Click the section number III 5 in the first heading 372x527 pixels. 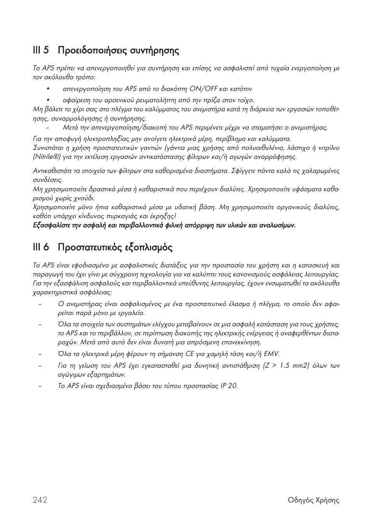click(41, 50)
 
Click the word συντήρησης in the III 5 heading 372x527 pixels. click(157, 51)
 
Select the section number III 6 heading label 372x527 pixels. click(41, 247)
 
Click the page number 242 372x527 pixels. click(40, 500)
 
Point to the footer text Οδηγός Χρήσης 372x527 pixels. click(314, 500)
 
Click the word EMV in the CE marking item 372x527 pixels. click(271, 354)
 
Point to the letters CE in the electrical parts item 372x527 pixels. click(190, 354)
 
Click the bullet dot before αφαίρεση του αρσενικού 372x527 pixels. click(48, 100)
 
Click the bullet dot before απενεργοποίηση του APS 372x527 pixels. click(48, 89)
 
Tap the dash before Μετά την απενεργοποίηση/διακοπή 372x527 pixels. click(48, 128)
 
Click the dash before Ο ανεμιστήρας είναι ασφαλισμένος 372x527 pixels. click(40, 304)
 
